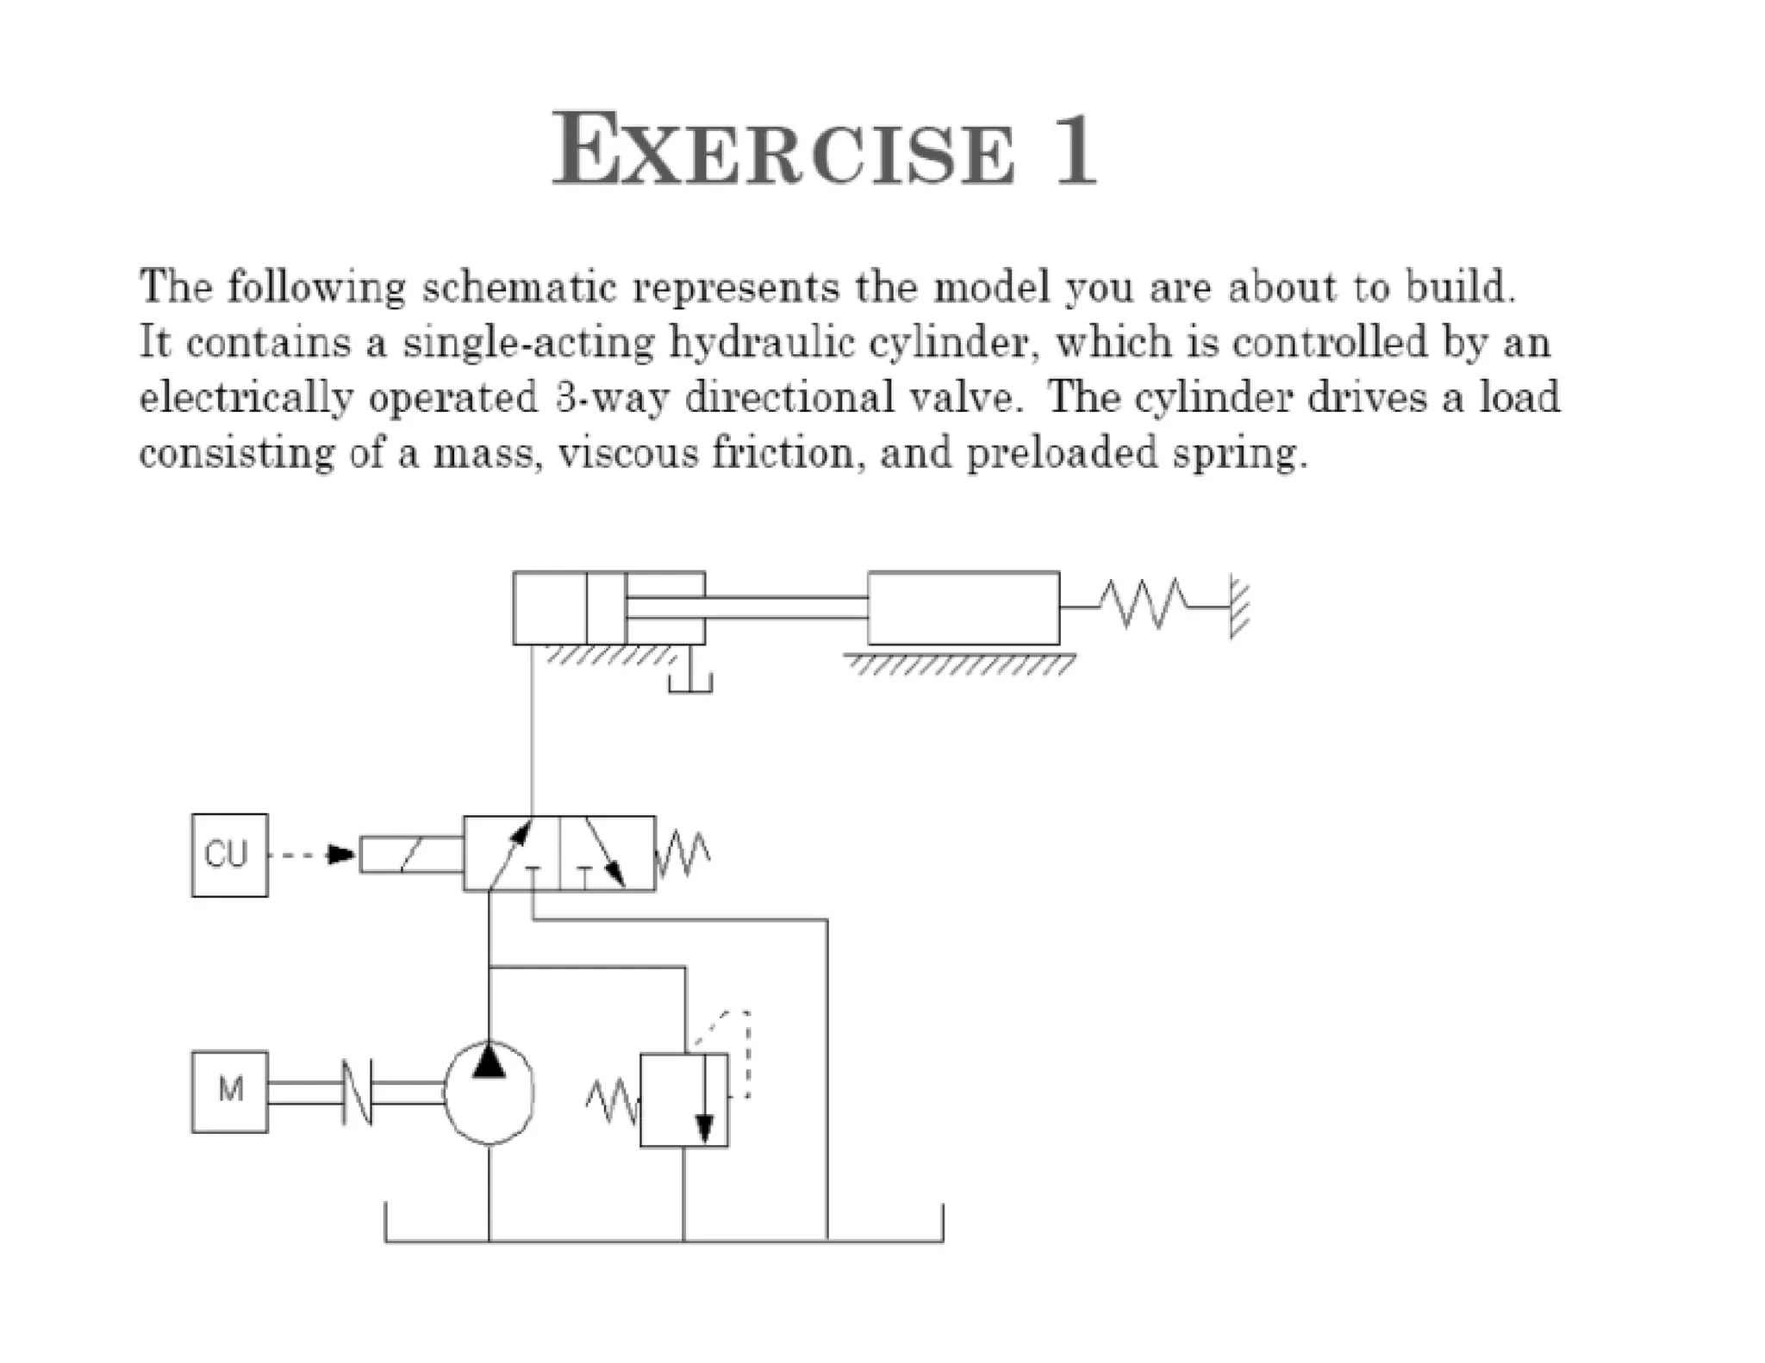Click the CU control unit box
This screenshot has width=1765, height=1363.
229,855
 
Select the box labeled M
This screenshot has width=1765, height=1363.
229,1092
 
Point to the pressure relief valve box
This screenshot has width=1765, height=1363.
684,1099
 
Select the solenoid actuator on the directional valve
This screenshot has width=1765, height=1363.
411,855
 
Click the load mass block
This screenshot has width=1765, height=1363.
964,607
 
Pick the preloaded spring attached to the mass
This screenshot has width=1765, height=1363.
1147,603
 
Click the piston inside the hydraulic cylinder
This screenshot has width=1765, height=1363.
606,607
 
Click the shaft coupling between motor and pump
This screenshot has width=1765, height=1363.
357,1092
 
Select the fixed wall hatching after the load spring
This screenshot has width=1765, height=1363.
1239,607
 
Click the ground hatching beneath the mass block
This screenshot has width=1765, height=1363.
960,664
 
